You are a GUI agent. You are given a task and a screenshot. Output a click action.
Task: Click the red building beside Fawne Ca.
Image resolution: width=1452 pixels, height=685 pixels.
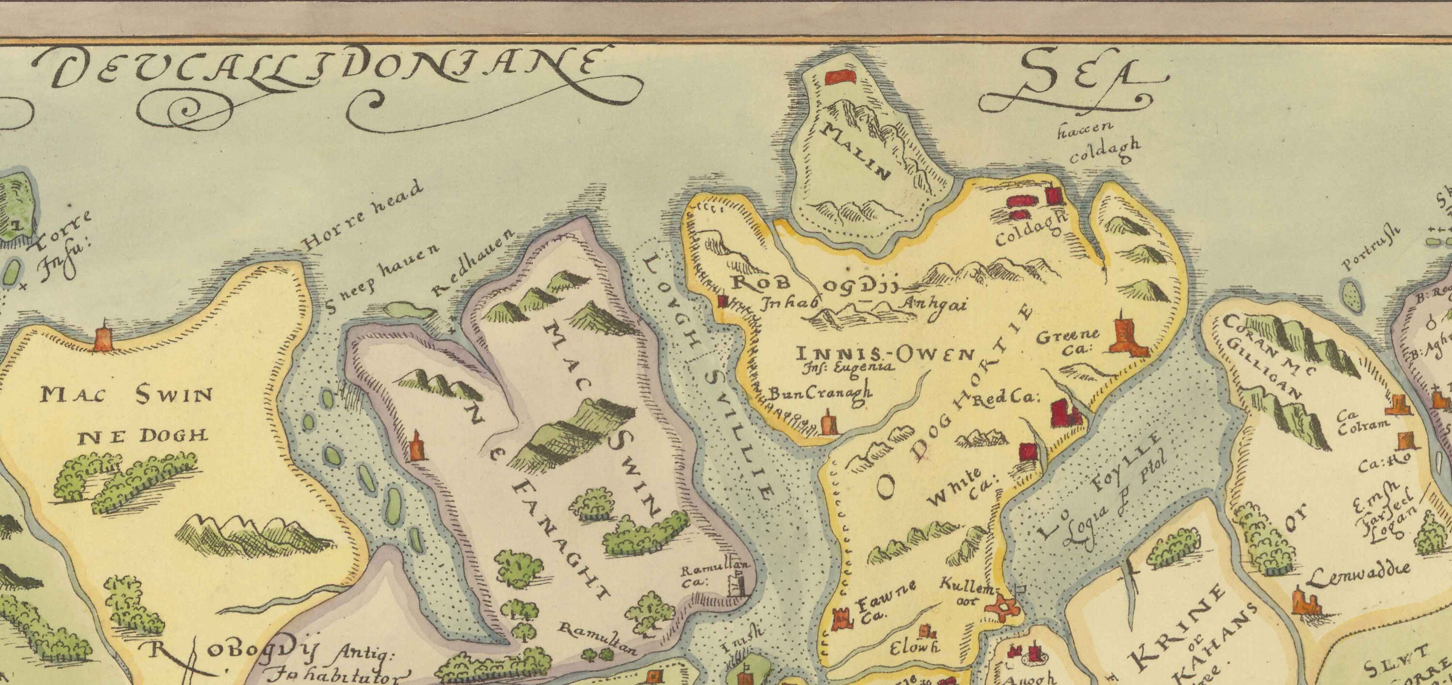click(x=841, y=620)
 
